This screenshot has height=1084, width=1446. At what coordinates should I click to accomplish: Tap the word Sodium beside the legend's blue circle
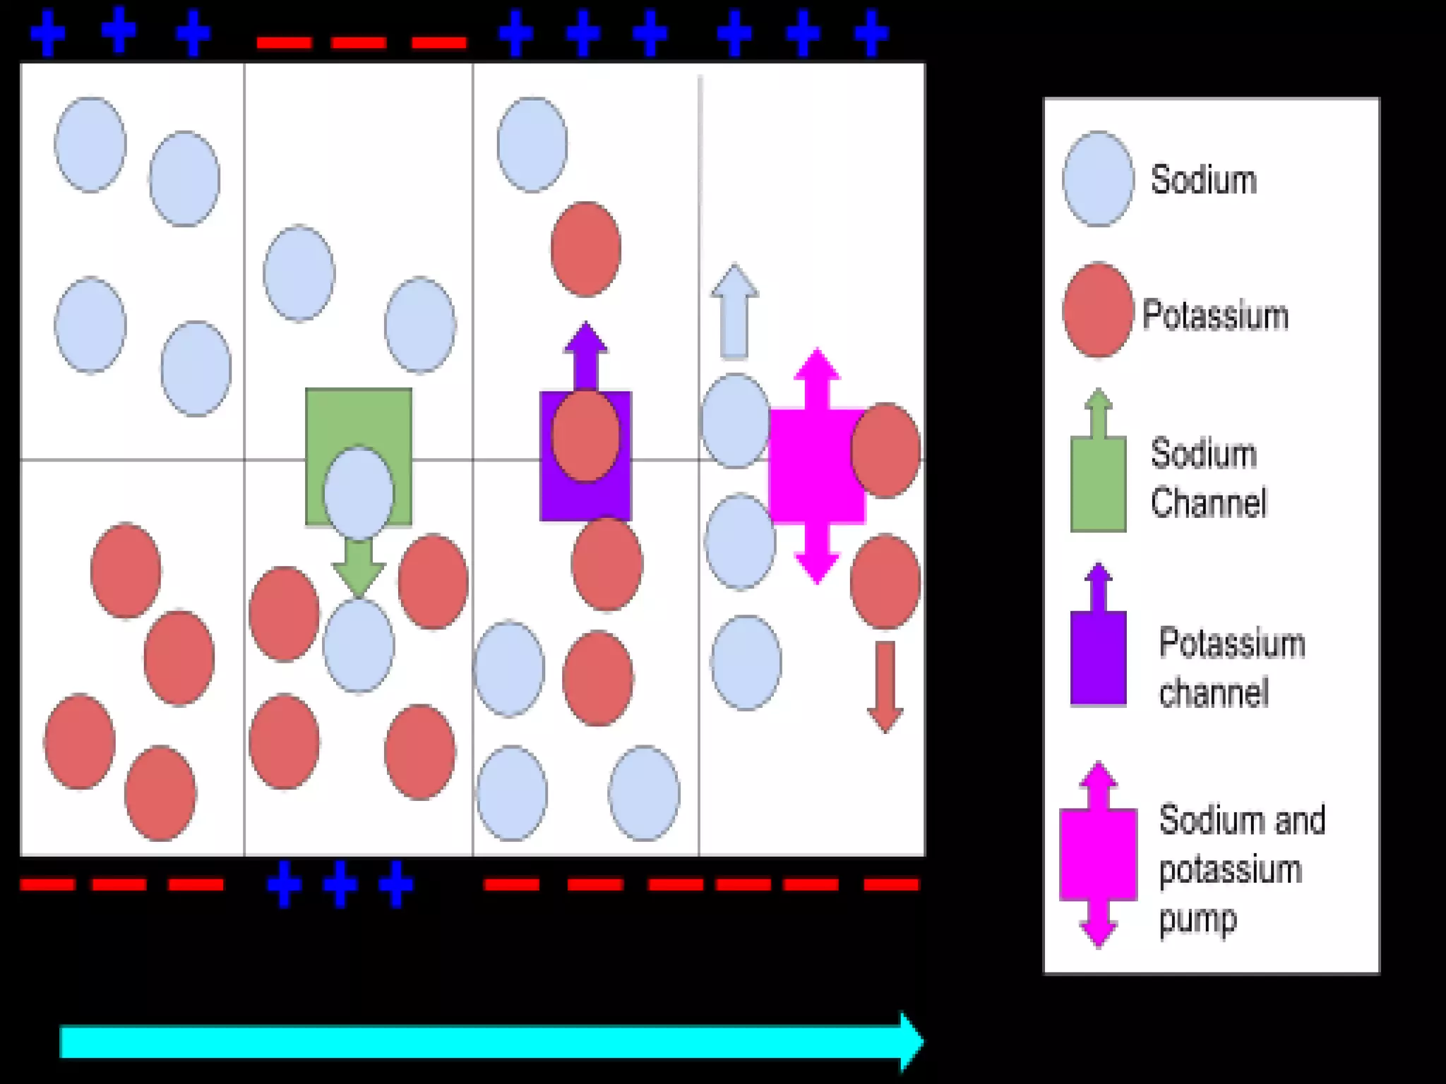click(x=1204, y=180)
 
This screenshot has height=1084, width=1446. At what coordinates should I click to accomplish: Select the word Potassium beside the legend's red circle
click(x=1215, y=315)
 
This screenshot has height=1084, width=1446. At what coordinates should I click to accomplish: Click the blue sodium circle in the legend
click(x=1098, y=179)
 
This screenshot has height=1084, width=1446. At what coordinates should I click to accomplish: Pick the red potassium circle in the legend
click(x=1098, y=311)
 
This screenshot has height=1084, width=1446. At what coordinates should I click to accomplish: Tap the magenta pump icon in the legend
click(x=1098, y=854)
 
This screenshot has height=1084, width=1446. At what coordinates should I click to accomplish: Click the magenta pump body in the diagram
click(x=812, y=466)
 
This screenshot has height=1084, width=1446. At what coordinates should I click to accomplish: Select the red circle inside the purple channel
click(x=585, y=436)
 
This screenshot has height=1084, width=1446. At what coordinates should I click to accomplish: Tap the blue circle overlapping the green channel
click(x=359, y=493)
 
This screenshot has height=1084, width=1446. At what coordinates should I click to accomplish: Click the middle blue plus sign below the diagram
click(x=340, y=884)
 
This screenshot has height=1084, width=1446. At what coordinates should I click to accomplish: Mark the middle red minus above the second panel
click(x=359, y=43)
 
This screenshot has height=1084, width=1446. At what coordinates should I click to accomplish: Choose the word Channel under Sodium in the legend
click(x=1209, y=502)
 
